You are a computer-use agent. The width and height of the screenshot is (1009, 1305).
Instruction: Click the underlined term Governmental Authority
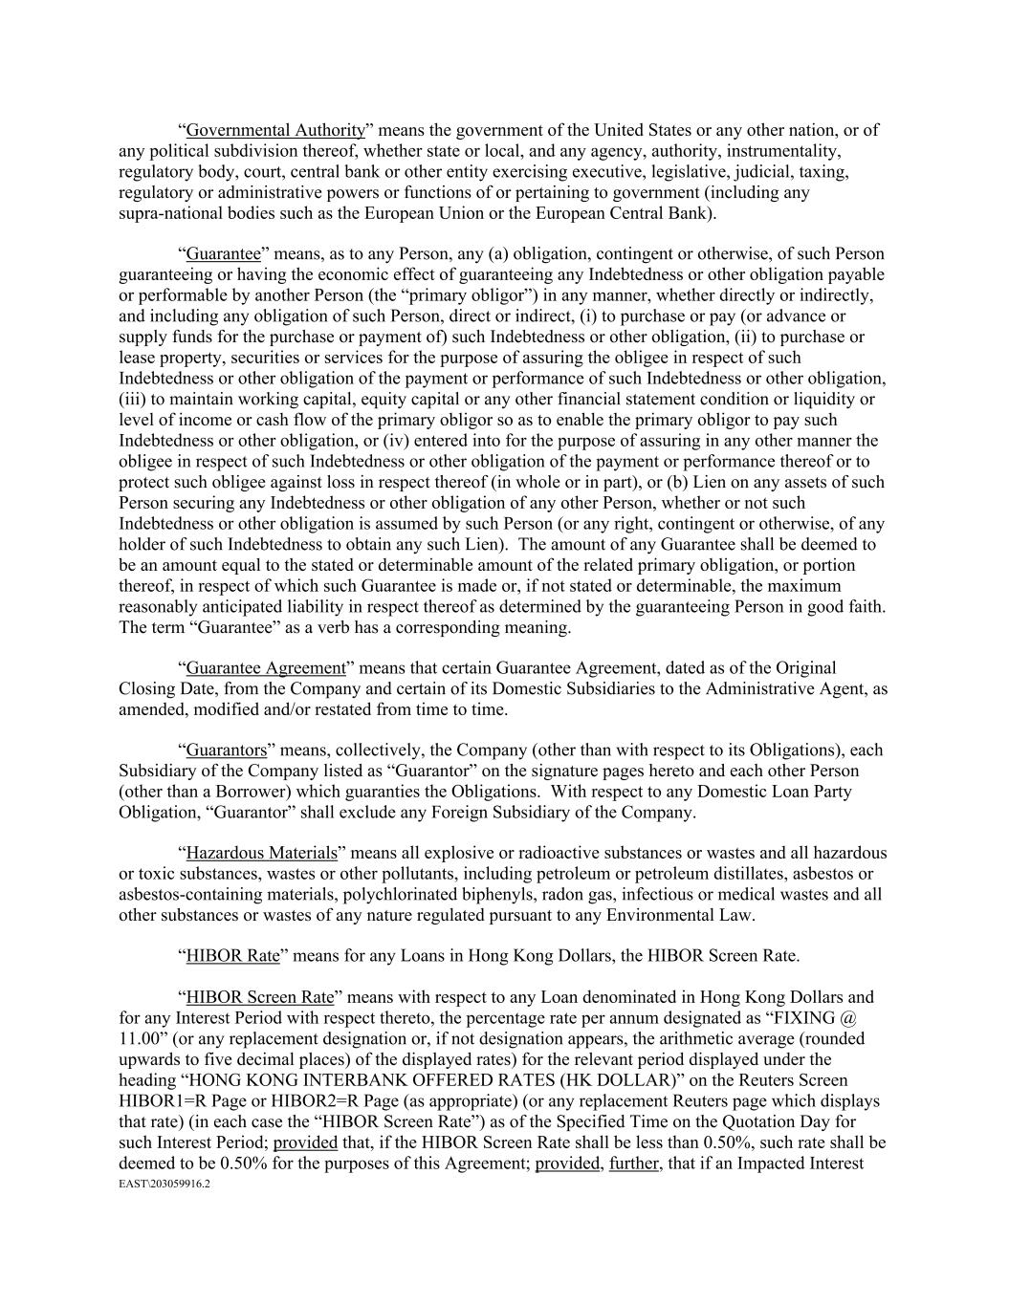tap(275, 130)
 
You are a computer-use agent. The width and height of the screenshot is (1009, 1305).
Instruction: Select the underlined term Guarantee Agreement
tap(265, 668)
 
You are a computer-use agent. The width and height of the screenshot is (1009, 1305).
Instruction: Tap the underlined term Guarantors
tap(226, 750)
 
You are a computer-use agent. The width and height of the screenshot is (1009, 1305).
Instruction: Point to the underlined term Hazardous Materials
tap(261, 853)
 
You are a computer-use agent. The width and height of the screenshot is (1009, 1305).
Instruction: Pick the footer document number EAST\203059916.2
tap(164, 1184)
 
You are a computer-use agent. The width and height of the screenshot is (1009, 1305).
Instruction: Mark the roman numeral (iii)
tap(137, 400)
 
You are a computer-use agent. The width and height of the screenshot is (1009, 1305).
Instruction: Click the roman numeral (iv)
tap(397, 441)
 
